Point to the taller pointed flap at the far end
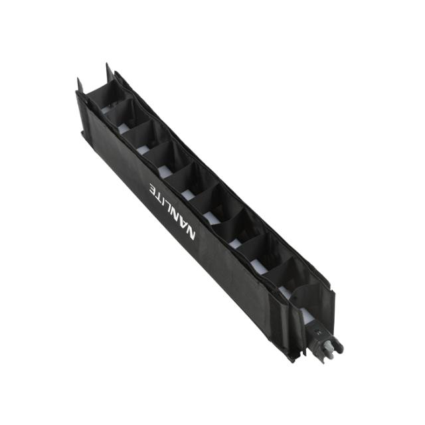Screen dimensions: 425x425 coord(108,72)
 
